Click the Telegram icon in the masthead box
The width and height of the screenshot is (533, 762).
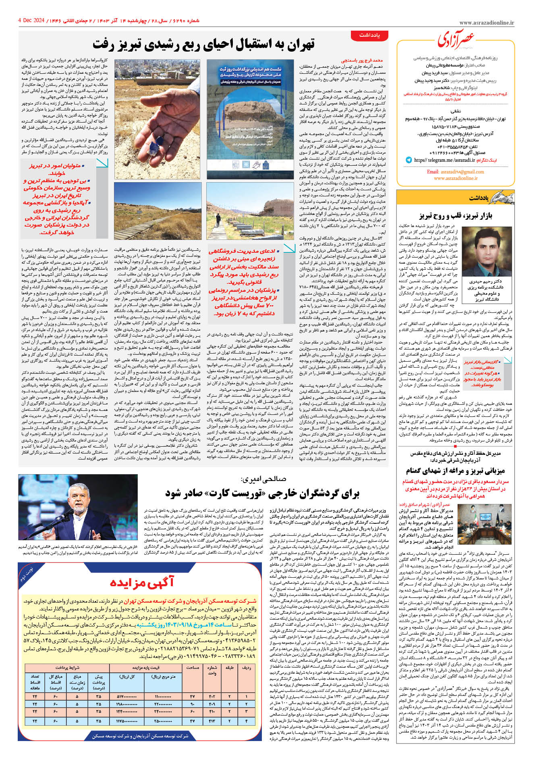point(409,160)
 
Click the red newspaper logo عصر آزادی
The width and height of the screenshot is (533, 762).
point(456,39)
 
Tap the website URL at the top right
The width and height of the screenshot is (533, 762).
point(486,23)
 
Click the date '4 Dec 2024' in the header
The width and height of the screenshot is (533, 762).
point(31,20)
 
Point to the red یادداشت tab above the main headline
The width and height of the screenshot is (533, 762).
point(369,35)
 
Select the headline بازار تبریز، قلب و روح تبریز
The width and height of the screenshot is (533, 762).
point(455,216)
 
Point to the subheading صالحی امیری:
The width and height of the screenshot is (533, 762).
point(263,479)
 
